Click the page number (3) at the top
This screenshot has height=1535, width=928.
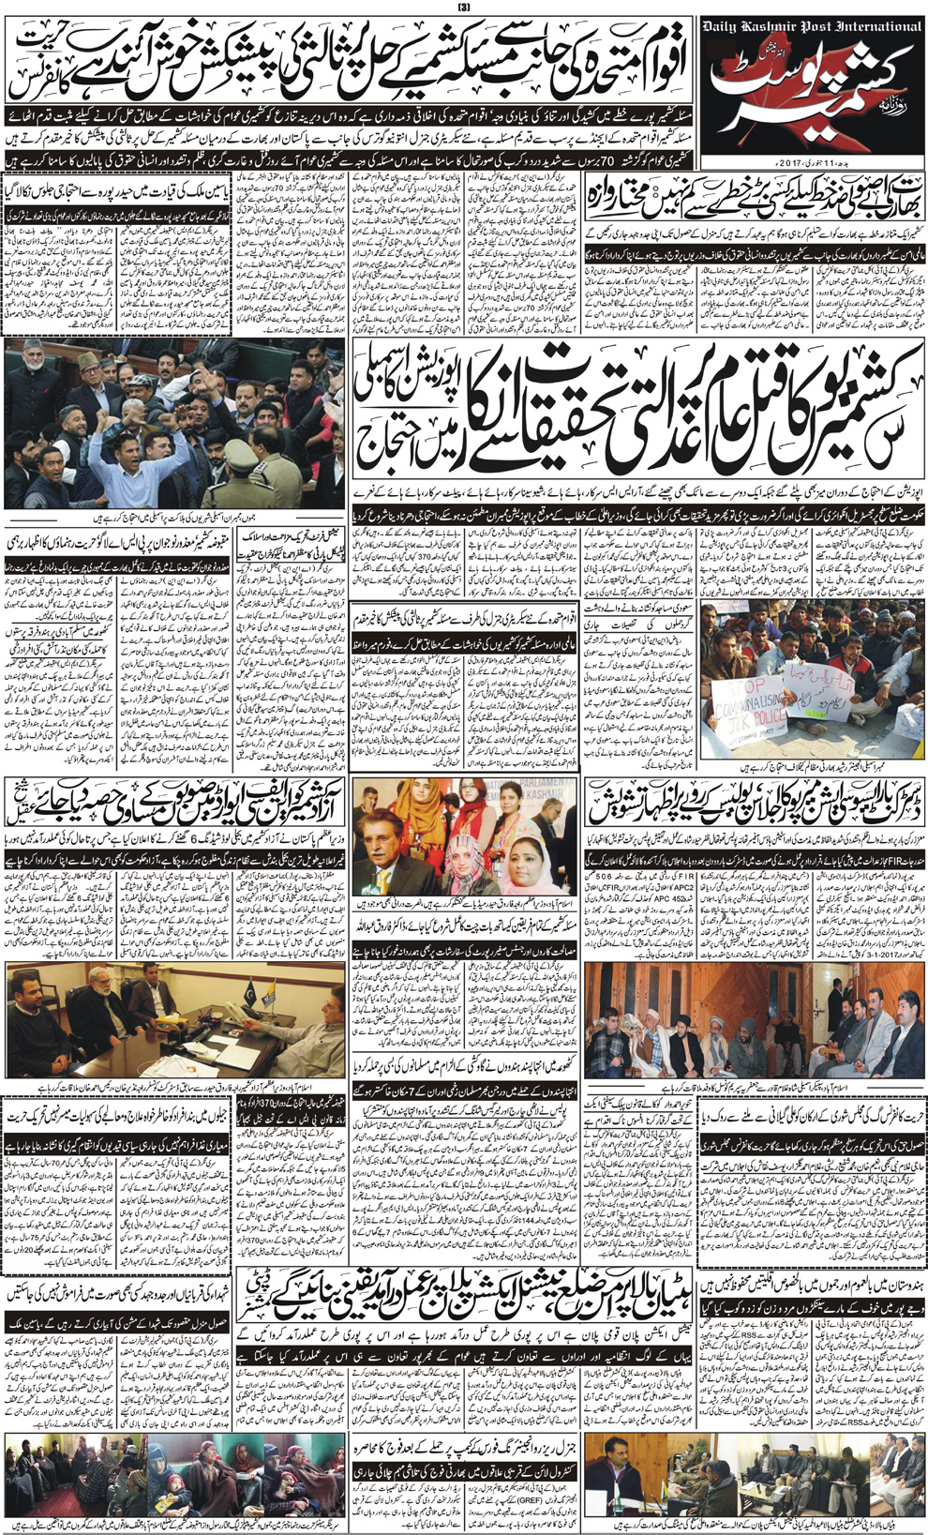pos(464,8)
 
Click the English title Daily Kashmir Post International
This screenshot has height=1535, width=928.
pos(811,27)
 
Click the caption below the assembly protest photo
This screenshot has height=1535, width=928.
pos(173,517)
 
